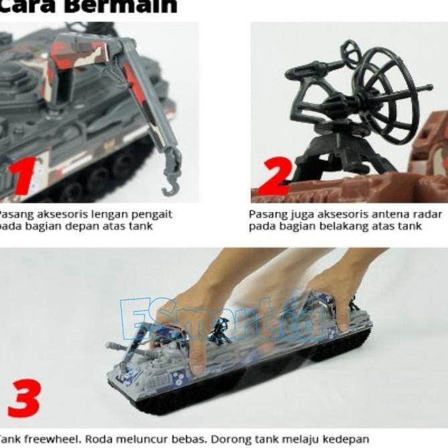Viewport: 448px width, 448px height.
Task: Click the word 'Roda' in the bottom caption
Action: click(x=100, y=439)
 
